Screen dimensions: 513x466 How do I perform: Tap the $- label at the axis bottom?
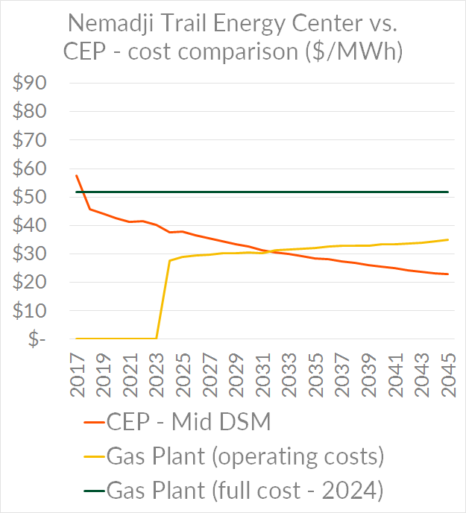(34, 339)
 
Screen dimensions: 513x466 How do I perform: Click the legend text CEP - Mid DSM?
(188, 423)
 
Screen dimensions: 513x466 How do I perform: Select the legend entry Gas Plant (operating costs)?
(245, 456)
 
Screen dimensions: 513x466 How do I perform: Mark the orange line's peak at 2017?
(77, 175)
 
